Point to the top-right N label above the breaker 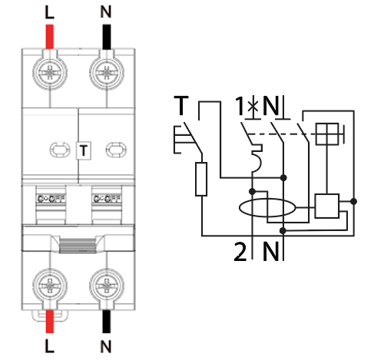tap(106, 12)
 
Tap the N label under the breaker tap(105, 348)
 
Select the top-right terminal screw tap(105, 74)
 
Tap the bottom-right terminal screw tap(105, 286)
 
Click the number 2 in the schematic tap(240, 250)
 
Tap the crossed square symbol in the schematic tap(330, 134)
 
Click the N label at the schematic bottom tap(271, 250)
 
